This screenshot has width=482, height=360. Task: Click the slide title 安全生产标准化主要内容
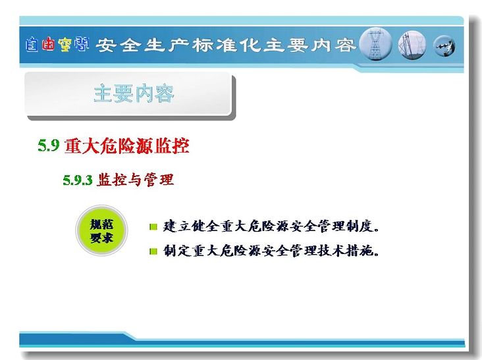point(226,45)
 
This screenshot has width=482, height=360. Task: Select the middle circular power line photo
point(412,45)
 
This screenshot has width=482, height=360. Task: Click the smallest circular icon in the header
point(444,46)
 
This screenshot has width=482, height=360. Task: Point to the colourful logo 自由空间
point(57,45)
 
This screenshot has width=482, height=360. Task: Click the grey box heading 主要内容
point(134,93)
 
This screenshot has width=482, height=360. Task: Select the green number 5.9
point(49,145)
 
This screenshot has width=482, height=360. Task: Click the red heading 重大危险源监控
point(126,145)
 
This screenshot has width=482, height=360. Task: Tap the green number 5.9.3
point(78,180)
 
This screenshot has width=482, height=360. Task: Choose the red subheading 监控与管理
point(135,180)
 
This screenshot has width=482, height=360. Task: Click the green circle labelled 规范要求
point(101,230)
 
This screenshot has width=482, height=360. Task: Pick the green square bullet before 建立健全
point(153,227)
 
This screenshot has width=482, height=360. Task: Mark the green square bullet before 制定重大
point(153,251)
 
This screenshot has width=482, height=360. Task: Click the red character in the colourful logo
point(49,44)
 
